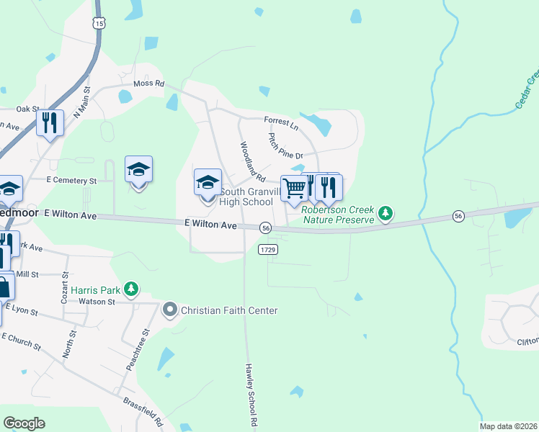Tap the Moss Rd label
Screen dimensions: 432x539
pyautogui.click(x=149, y=84)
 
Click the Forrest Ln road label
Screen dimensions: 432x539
pyautogui.click(x=281, y=123)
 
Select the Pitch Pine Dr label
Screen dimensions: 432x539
pyautogui.click(x=286, y=146)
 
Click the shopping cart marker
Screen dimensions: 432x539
pyautogui.click(x=294, y=188)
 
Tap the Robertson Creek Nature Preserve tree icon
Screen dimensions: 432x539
pyautogui.click(x=386, y=213)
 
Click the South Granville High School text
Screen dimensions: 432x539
pyautogui.click(x=246, y=197)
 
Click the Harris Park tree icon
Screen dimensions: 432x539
pyautogui.click(x=130, y=289)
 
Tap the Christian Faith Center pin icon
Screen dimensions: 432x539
pyautogui.click(x=170, y=310)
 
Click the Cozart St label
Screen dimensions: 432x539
pyautogui.click(x=64, y=286)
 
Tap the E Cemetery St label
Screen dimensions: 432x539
pyautogui.click(x=71, y=179)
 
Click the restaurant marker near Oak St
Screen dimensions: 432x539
pyautogui.click(x=50, y=122)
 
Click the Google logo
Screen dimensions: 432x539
pyautogui.click(x=24, y=423)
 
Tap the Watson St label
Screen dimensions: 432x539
pyautogui.click(x=97, y=302)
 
